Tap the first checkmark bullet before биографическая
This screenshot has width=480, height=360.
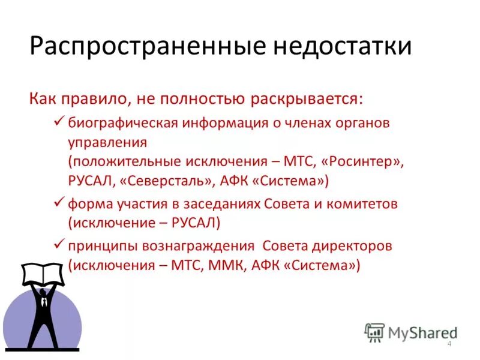click(59, 122)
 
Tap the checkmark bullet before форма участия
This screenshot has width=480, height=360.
click(59, 203)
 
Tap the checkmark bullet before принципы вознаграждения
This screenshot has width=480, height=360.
click(59, 244)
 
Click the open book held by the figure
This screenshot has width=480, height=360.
click(43, 273)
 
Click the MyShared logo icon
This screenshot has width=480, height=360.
click(374, 332)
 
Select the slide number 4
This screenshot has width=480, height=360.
click(449, 344)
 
